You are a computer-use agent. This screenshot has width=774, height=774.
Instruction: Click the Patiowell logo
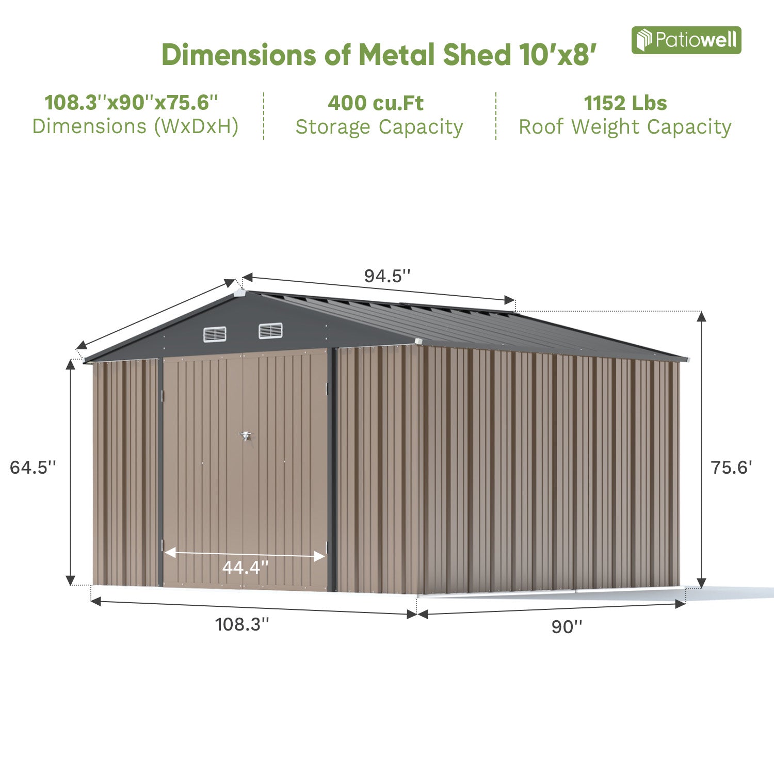coord(686,40)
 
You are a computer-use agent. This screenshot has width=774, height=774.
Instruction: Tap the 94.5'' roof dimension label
coord(387,276)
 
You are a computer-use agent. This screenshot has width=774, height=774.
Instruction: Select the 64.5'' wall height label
coord(33,467)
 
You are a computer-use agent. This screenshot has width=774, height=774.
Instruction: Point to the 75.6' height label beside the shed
coord(731,467)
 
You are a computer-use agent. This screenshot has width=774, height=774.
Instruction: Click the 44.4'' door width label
coord(245,568)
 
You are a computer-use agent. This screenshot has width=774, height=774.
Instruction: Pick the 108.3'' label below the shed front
coord(242,624)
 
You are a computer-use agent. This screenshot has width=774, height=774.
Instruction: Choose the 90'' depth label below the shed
coord(567,626)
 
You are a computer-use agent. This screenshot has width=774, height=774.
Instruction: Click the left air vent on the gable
coord(215,334)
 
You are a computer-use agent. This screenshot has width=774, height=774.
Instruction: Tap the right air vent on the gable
coord(270,330)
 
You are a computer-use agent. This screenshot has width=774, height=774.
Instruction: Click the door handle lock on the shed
coord(246,436)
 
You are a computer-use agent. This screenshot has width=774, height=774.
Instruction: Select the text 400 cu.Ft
coord(376,103)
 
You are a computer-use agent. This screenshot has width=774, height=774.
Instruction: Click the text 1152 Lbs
coord(625,103)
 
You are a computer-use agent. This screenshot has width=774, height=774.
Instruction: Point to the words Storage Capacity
coord(379,127)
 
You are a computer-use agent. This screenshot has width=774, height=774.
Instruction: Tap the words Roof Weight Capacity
coord(625,127)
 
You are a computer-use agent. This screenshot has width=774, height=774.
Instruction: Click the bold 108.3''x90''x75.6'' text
coord(132,103)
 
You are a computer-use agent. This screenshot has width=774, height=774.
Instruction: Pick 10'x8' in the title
coord(558,55)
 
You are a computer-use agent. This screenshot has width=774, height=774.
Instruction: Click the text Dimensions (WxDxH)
coord(135,126)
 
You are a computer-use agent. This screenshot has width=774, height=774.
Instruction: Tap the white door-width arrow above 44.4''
coord(245,554)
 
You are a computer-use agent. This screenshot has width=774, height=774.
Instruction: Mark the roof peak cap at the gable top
coord(239,293)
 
